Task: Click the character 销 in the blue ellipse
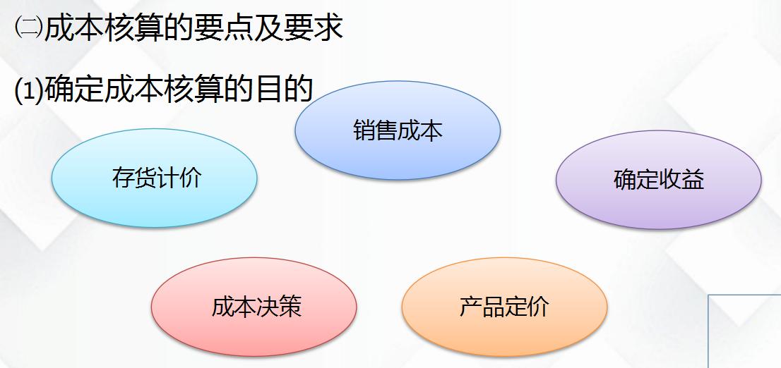tap(364, 130)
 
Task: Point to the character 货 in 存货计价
tap(145, 178)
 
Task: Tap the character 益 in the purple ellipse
tap(693, 180)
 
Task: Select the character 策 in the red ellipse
tap(290, 307)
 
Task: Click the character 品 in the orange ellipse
tap(493, 307)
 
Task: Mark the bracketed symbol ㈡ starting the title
tap(28, 27)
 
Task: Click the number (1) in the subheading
tap(28, 92)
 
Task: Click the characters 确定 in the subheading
tap(74, 92)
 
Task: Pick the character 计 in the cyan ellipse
tap(167, 178)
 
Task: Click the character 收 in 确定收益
tap(670, 180)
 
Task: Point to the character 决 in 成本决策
tap(268, 307)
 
